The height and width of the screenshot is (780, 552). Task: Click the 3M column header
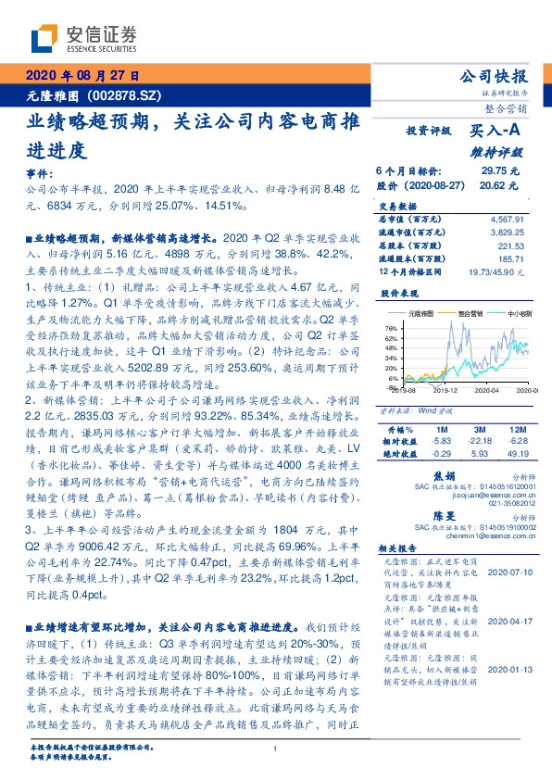pyautogui.click(x=479, y=432)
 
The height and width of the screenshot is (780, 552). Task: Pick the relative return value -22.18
pyautogui.click(x=479, y=443)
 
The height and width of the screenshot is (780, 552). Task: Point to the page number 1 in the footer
pyautogui.click(x=275, y=749)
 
